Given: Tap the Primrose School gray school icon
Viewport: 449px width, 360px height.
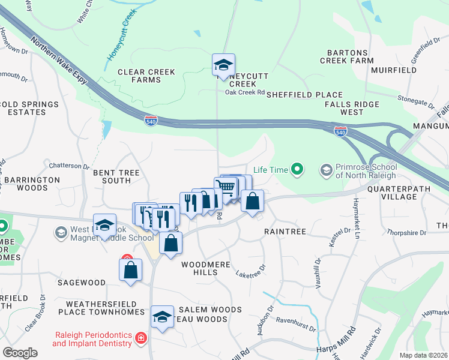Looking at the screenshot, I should (x=326, y=171).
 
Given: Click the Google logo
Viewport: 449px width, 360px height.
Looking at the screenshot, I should (x=20, y=353).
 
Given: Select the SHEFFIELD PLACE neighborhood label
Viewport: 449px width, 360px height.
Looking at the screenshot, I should (x=304, y=95).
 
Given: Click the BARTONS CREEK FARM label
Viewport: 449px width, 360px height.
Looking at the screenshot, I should (x=351, y=56).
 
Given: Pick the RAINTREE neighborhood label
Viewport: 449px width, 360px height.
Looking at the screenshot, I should (x=285, y=231).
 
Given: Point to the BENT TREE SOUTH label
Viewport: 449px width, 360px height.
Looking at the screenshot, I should (x=116, y=176).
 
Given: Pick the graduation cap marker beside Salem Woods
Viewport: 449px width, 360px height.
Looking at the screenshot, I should (x=161, y=317).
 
